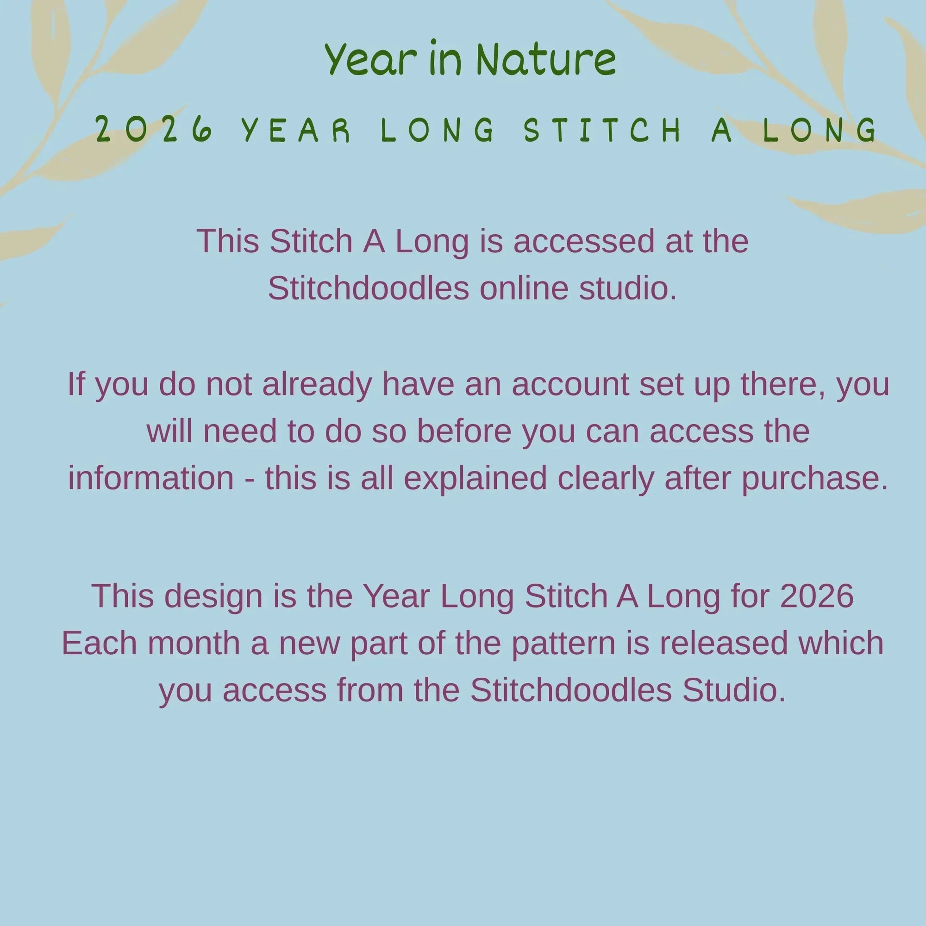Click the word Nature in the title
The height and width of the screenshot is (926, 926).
(546, 59)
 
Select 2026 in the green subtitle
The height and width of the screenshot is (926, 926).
(154, 130)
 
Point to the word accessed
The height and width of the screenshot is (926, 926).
(584, 241)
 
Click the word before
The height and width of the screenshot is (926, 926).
(464, 432)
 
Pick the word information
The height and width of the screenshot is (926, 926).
(151, 478)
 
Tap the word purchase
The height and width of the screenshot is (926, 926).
(815, 478)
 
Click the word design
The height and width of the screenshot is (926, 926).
(214, 596)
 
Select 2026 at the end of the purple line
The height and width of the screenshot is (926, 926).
(817, 596)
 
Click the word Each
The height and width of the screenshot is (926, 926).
(100, 643)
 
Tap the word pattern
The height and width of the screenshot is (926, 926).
(563, 643)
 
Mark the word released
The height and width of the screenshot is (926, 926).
(724, 643)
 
